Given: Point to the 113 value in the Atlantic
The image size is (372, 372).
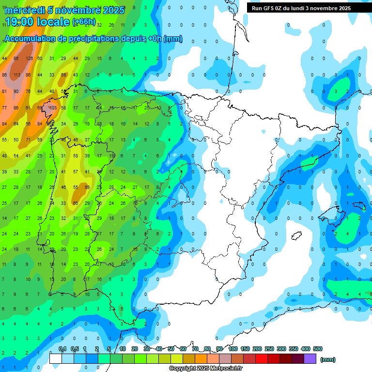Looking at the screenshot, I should [16, 75].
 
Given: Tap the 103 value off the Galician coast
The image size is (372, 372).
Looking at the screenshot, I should [52, 108].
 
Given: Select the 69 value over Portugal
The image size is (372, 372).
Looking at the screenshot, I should [87, 187].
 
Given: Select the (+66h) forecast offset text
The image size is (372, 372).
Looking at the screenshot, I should [84, 22].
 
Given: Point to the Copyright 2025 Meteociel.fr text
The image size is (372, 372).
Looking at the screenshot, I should [205, 369].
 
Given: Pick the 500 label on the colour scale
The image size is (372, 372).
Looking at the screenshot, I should [318, 349].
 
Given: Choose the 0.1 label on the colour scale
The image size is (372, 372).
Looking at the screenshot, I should [62, 349].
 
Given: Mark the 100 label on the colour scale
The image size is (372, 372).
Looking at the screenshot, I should [233, 349].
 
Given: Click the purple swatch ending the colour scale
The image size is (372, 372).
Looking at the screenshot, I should [310, 359].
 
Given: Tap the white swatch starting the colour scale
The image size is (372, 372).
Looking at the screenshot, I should [56, 359].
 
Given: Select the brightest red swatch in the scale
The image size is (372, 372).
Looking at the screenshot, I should [262, 359].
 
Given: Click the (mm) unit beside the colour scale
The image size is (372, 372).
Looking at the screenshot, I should [328, 359].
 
